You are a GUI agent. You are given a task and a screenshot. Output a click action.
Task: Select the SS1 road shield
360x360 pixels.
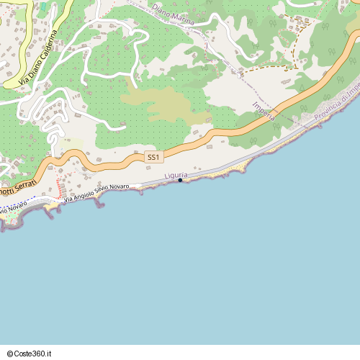click(153, 157)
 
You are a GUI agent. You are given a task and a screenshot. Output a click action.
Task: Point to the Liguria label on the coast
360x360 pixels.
click(176, 175)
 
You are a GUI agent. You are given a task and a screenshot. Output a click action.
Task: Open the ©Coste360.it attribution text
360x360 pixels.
click(30, 354)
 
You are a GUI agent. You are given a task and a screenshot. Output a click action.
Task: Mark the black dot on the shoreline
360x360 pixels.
click(180, 181)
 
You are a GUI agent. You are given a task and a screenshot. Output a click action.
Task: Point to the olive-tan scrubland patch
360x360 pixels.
click(162, 104)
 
